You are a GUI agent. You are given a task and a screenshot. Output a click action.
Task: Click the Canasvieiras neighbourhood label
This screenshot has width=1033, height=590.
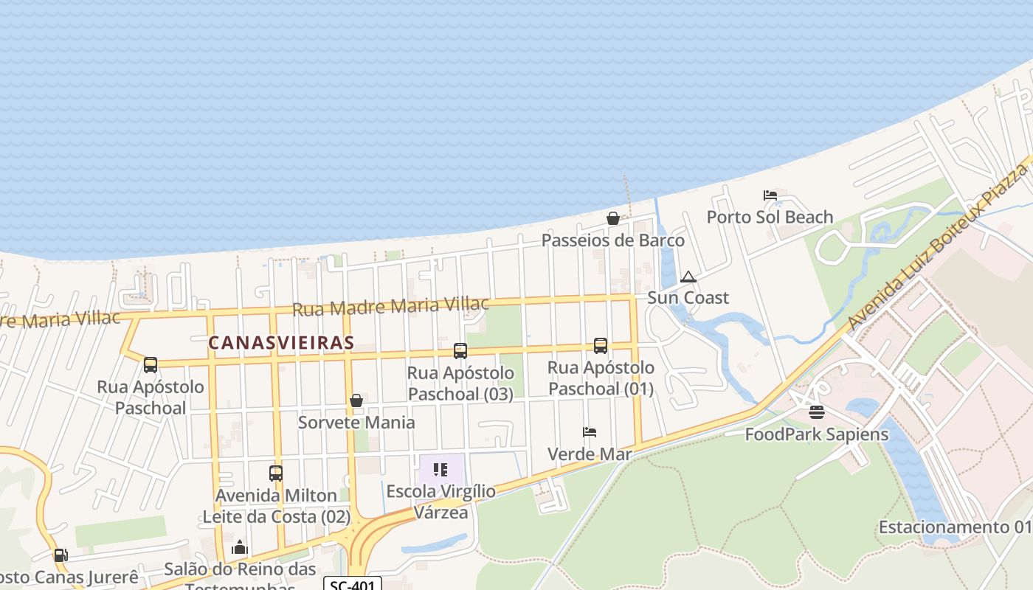coord(281,343)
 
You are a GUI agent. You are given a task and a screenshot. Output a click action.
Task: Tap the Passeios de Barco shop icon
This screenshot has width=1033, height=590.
coord(612,218)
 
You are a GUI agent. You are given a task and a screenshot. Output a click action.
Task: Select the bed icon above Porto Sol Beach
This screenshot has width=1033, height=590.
coord(770,195)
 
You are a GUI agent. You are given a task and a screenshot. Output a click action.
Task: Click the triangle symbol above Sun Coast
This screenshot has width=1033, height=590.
coord(688,277)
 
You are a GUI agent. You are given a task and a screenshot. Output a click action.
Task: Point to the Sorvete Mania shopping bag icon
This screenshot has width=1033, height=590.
coord(356,400)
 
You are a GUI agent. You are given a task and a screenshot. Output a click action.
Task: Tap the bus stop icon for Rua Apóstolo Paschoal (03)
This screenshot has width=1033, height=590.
coord(460,351)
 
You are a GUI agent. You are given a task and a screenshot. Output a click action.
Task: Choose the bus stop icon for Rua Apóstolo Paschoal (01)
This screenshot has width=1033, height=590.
coord(601,345)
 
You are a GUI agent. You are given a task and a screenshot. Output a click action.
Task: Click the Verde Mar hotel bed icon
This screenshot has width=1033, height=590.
coord(589,432)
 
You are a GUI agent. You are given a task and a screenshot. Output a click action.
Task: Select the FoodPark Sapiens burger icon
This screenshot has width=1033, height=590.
coord(817,412)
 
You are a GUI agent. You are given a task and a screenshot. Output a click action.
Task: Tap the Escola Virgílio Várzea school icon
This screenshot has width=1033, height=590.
coord(441,470)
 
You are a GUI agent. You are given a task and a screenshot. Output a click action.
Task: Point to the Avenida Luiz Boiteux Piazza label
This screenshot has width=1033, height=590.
coord(937,247)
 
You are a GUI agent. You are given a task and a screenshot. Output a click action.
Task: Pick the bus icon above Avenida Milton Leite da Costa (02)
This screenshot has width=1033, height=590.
coord(276,473)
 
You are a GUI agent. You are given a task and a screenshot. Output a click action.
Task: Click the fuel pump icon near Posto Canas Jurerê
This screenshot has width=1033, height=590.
coord(61,555)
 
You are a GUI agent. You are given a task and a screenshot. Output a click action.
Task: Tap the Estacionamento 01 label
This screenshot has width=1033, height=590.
coord(954,527)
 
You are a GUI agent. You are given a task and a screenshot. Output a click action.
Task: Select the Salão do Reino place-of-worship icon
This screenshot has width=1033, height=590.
coord(239,548)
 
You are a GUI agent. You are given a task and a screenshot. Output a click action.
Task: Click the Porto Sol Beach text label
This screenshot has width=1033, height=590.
coord(770,217)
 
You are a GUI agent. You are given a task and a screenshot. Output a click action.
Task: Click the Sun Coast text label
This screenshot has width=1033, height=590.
coord(688,297)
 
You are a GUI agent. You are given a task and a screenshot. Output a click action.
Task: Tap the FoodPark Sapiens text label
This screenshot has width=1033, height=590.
coord(816,434)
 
